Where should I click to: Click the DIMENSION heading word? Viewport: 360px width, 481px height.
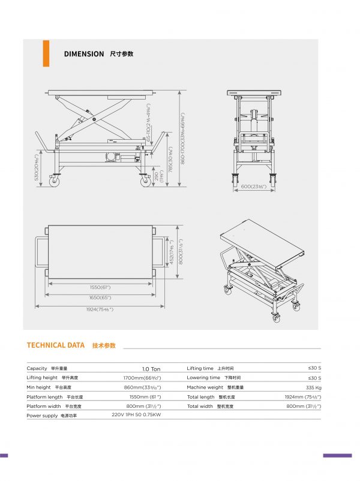pos(84,54)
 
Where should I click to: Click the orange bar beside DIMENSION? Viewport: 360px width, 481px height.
pos(46,53)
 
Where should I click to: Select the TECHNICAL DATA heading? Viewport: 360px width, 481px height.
pos(56,345)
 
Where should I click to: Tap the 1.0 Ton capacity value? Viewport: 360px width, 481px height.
pos(151,369)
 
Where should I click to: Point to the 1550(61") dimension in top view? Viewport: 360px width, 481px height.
pos(100,287)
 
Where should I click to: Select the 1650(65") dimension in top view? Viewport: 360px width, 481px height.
pos(100,297)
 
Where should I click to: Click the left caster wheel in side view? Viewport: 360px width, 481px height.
pos(56,180)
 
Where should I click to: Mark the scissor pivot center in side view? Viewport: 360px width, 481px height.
pos(94,119)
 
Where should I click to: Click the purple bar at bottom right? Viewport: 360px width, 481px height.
pos(337,456)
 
